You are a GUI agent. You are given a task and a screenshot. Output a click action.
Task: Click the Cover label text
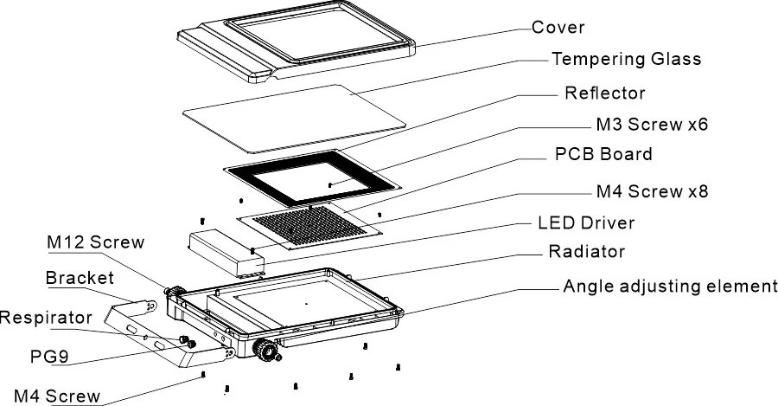558,27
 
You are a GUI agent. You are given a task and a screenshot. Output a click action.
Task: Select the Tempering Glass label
626,59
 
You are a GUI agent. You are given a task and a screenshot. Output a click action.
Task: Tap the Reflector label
604,92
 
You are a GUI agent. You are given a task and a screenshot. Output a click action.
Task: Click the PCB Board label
603,156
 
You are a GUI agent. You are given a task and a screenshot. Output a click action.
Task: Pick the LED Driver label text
586,222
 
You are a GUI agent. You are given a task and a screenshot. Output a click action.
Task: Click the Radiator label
586,253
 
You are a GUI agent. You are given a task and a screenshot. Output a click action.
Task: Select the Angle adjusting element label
670,286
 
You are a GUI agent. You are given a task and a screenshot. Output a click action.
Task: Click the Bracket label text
80,278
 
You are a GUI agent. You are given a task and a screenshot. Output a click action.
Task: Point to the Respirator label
45,318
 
